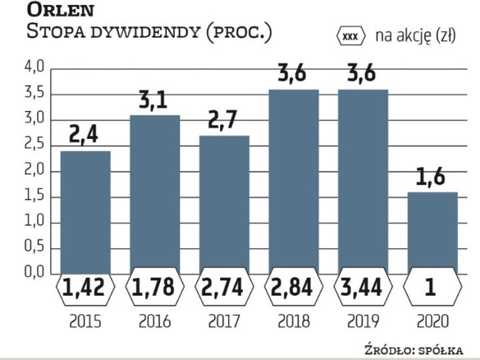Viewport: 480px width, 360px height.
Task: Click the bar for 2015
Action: coord(85,212)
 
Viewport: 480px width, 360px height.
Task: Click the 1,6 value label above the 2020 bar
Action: coord(431,178)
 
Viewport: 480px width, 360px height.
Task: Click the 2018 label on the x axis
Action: coord(293,322)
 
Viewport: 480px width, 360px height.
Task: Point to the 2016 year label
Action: coord(154,322)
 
